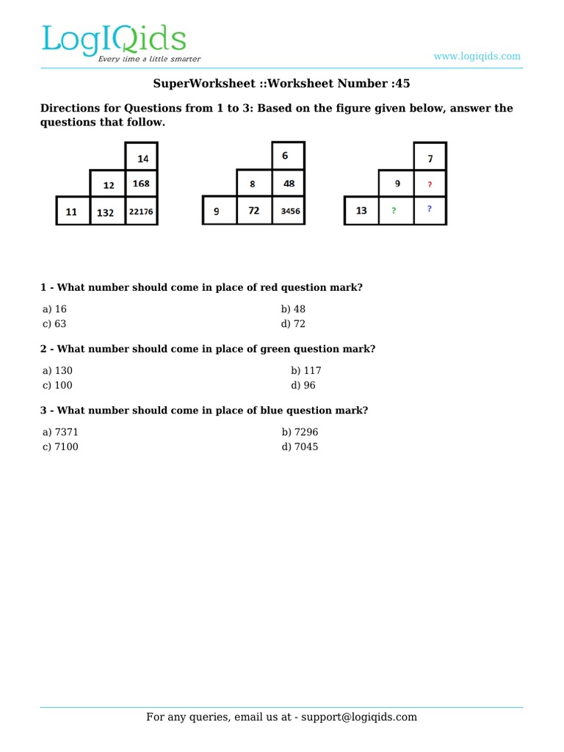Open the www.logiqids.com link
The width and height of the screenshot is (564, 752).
(477, 57)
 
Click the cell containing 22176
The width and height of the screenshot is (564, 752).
(142, 211)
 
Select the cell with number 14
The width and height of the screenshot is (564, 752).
(142, 158)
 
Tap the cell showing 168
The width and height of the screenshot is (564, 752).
(142, 184)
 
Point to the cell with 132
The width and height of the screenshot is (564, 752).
(107, 212)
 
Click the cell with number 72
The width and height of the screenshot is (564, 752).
(254, 211)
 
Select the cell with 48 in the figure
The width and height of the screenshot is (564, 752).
(288, 184)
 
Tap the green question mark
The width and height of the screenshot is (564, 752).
(394, 211)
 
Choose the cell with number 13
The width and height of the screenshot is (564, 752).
(361, 211)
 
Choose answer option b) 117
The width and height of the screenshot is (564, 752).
(306, 371)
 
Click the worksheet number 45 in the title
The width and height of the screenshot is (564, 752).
(402, 84)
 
